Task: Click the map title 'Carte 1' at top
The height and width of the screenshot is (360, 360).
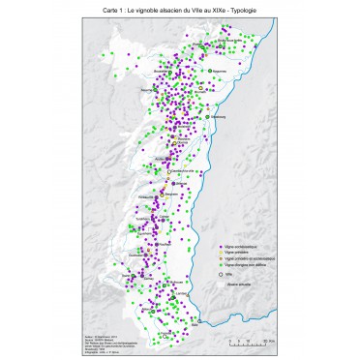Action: (180, 9)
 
